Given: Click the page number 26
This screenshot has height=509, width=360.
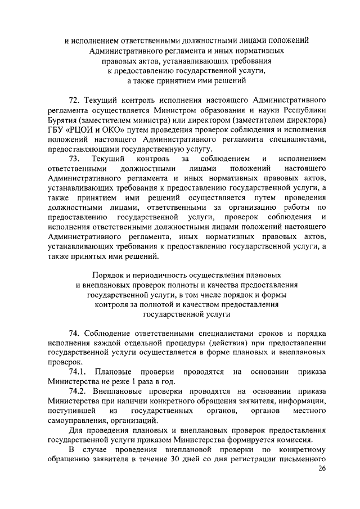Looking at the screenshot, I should (x=321, y=469).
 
